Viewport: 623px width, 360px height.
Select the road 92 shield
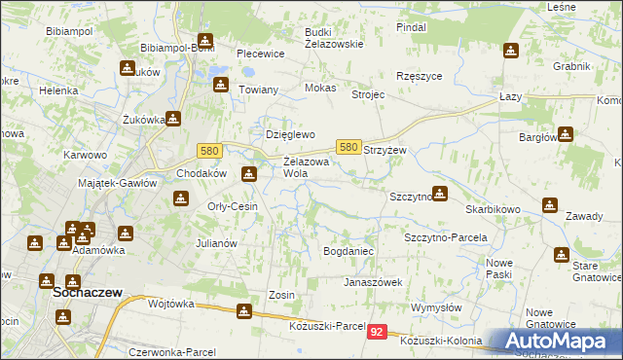[378, 333]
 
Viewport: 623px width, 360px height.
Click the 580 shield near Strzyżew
[349, 146]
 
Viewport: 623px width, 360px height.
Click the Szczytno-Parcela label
[445, 236]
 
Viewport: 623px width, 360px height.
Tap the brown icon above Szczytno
[440, 193]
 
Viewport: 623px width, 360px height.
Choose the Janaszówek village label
[373, 282]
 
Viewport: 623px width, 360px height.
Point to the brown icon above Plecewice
[205, 42]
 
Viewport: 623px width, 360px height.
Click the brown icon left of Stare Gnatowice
[562, 255]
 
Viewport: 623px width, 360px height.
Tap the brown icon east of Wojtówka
[243, 311]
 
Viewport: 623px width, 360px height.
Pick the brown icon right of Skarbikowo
[551, 206]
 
